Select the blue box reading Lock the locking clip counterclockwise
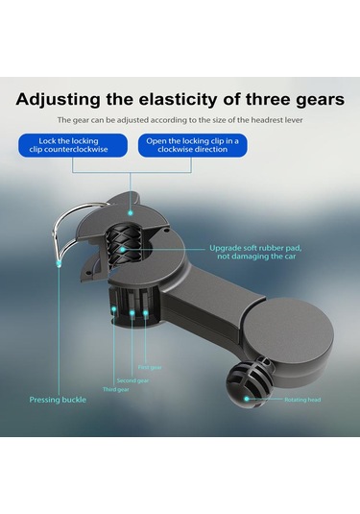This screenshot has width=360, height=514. pos(73,145)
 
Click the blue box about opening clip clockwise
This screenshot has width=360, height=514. pos(193,145)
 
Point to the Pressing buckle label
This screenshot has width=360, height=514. pos(58,400)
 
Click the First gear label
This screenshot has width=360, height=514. pos(150,367)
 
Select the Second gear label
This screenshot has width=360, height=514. pos(132,380)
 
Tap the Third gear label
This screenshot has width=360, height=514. pos(115,389)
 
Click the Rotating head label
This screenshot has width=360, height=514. pos(302,400)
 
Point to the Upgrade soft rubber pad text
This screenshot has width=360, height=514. pos(255,252)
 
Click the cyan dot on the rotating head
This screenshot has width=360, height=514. pos(247,399)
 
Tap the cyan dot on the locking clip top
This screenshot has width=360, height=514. pos(131,213)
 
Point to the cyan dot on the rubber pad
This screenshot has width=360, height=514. pos(122,250)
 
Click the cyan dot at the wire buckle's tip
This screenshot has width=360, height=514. pos(59,263)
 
